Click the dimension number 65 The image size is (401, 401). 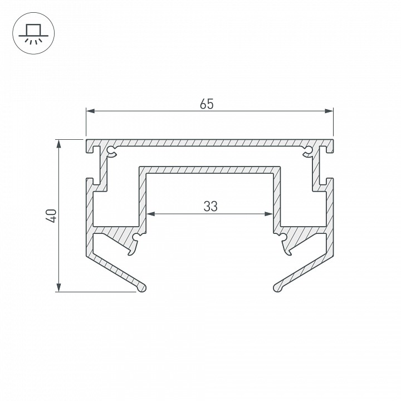pyautogui.click(x=207, y=104)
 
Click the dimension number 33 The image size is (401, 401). pyautogui.click(x=210, y=206)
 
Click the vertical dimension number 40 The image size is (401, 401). pyautogui.click(x=51, y=216)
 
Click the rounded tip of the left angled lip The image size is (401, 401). pyautogui.click(x=144, y=287)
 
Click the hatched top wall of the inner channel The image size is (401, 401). pyautogui.click(x=209, y=169)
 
